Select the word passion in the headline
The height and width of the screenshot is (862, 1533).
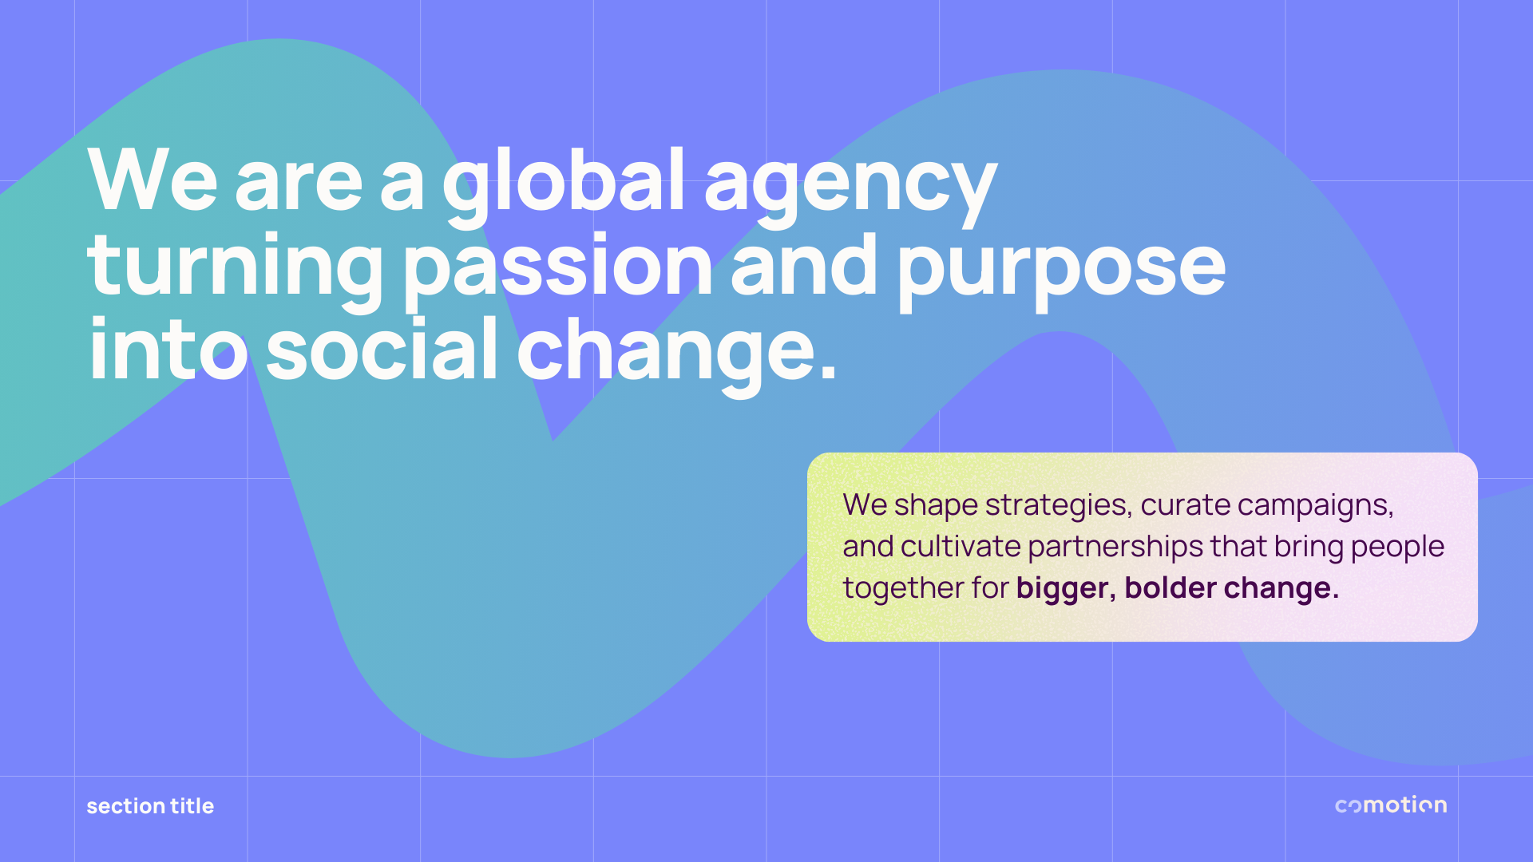557,272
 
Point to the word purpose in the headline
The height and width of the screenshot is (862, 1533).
1062,272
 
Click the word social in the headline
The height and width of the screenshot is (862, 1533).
382,348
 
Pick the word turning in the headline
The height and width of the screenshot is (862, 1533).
236,272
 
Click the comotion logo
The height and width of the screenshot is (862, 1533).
1391,805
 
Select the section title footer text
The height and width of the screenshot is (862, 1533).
150,806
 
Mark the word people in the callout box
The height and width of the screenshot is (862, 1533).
1398,548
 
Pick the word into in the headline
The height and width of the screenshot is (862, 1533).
168,348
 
